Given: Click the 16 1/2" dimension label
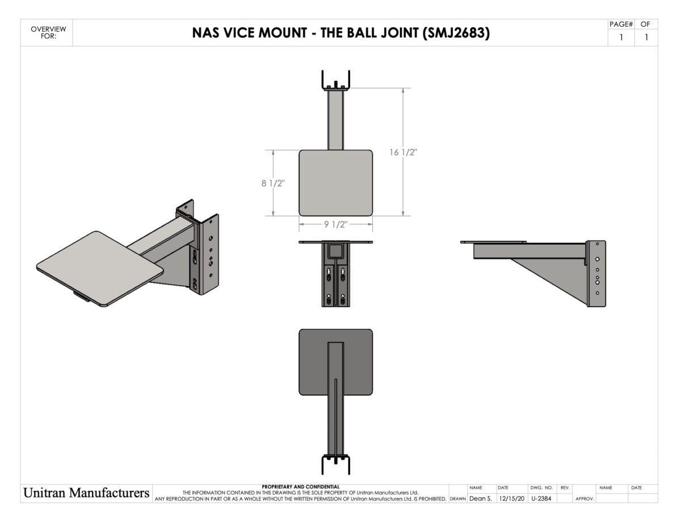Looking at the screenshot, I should (403, 152).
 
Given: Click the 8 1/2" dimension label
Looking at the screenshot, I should (272, 183).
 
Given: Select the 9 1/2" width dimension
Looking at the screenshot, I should (335, 224).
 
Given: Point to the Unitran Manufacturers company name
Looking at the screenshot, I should (86, 493).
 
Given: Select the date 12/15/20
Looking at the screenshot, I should (511, 498).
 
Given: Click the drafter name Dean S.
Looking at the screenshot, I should (480, 498).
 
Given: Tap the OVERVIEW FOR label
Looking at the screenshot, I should (48, 33).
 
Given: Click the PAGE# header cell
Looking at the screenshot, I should (620, 24).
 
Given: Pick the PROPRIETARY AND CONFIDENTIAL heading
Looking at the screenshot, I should (300, 487).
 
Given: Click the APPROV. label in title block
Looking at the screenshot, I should (584, 499).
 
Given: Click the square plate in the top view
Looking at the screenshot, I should (335, 183).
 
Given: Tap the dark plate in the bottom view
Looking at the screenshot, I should (312, 363).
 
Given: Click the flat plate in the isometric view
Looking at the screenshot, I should (99, 267).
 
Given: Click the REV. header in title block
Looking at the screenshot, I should (565, 488).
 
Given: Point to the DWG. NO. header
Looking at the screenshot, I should (541, 488).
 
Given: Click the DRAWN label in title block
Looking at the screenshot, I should (457, 499).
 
